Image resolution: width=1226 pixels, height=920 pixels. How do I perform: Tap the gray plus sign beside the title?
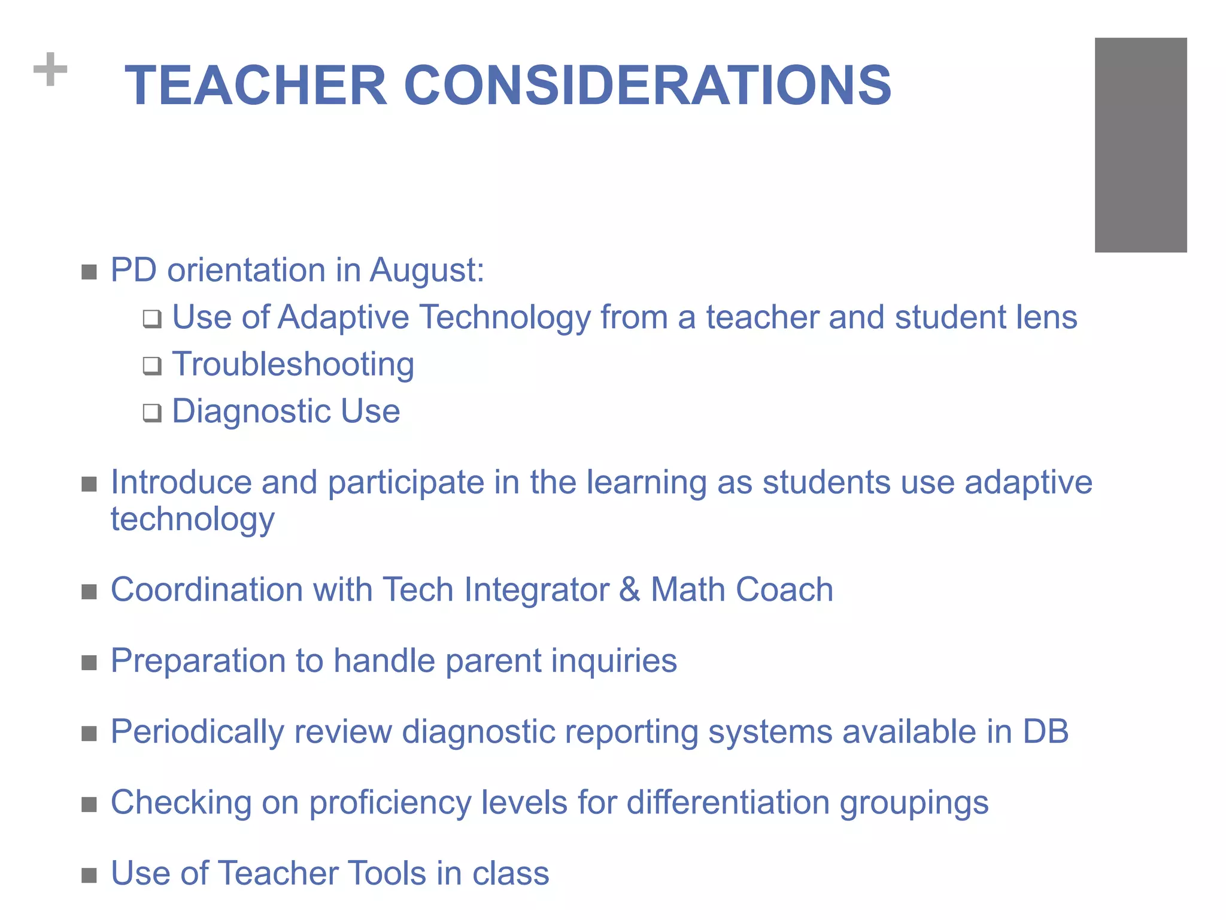pos(50,69)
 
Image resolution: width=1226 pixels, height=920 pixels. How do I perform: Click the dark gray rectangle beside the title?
pos(1140,145)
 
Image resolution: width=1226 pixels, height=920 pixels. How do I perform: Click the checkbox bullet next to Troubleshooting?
pos(152,365)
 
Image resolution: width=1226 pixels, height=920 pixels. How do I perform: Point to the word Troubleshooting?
pos(293,364)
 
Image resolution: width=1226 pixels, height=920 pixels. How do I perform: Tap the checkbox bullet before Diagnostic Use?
pos(152,413)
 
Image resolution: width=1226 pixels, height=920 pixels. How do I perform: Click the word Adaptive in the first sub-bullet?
pos(344,317)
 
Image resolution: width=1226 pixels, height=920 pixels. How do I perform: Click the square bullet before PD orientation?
pos(89,273)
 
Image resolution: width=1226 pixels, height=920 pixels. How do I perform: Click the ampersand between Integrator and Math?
pos(629,590)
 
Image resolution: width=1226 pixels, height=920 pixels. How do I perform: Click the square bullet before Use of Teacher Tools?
pos(89,876)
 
